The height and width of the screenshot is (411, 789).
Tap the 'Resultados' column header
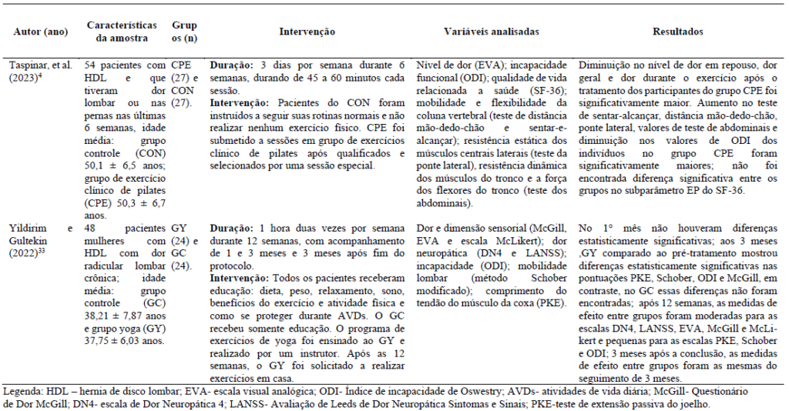point(677,32)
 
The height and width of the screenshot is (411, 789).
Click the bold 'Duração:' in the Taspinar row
point(228,66)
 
